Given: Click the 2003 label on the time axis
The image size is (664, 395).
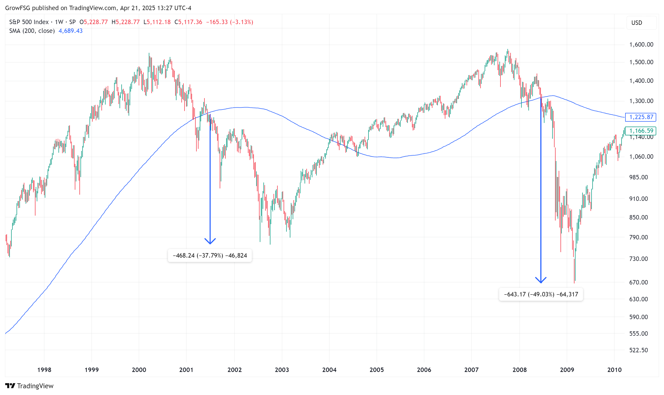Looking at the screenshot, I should click(x=282, y=370).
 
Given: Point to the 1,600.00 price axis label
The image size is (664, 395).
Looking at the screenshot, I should click(x=641, y=45).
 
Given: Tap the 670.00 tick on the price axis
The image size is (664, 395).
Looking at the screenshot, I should click(x=638, y=282).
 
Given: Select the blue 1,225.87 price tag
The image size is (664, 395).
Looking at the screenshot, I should click(x=641, y=117).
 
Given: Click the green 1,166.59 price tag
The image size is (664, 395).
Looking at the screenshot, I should click(x=641, y=131).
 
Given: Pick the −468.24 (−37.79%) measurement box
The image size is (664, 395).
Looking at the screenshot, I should click(x=210, y=255).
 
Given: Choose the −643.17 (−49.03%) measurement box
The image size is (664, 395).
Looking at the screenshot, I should click(x=541, y=294).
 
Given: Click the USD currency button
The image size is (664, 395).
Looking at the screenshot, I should click(x=637, y=23).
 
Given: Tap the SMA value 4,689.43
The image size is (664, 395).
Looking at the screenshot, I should click(x=70, y=31).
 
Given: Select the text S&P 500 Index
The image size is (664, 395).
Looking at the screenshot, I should click(x=29, y=22).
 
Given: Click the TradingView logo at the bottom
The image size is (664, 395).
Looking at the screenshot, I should click(x=29, y=386).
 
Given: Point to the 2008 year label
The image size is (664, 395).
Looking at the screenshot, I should click(x=520, y=370).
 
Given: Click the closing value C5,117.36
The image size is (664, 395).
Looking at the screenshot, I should click(x=188, y=22).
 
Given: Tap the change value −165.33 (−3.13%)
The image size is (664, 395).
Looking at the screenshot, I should click(x=230, y=22).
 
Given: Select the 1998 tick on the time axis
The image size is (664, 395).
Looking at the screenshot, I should click(x=44, y=370).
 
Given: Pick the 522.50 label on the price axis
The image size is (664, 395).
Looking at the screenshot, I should click(x=638, y=350).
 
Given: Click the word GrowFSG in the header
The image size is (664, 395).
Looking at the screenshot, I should click(x=18, y=8).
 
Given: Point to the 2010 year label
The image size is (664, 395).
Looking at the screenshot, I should click(x=614, y=370).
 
